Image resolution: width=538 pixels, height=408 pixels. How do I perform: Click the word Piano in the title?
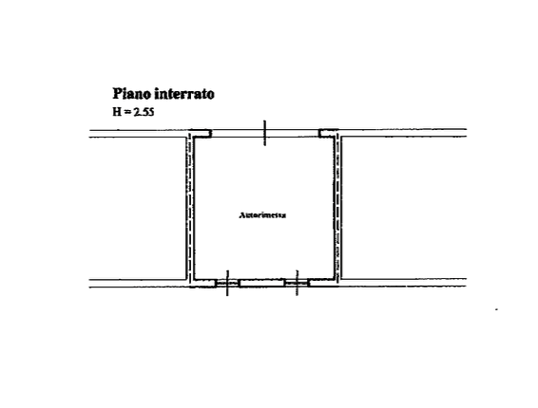click(132, 94)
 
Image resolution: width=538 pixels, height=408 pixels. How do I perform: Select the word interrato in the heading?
click(184, 94)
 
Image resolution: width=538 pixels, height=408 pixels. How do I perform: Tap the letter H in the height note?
click(117, 112)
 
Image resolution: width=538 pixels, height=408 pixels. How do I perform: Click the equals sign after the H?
click(127, 112)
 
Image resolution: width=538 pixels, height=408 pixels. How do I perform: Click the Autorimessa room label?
click(262, 215)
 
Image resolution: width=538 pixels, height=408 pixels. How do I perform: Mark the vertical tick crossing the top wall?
click(264, 133)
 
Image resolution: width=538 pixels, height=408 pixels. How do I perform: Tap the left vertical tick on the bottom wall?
click(227, 283)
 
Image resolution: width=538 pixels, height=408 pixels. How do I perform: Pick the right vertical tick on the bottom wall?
click(297, 283)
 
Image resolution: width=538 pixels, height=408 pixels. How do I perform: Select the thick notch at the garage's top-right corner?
click(329, 134)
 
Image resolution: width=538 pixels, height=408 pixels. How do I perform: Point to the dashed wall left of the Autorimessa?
click(189, 208)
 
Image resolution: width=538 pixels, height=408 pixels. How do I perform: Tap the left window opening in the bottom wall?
click(227, 284)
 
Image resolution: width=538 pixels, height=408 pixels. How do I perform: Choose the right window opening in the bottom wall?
click(297, 284)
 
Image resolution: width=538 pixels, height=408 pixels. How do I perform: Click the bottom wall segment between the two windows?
click(261, 284)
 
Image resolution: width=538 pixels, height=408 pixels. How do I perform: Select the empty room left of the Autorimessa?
click(138, 209)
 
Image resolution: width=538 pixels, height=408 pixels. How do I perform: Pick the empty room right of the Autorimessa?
click(404, 208)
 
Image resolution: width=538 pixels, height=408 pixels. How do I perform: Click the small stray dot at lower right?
click(496, 309)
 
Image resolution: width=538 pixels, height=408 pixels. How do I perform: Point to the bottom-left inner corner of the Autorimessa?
click(195, 279)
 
